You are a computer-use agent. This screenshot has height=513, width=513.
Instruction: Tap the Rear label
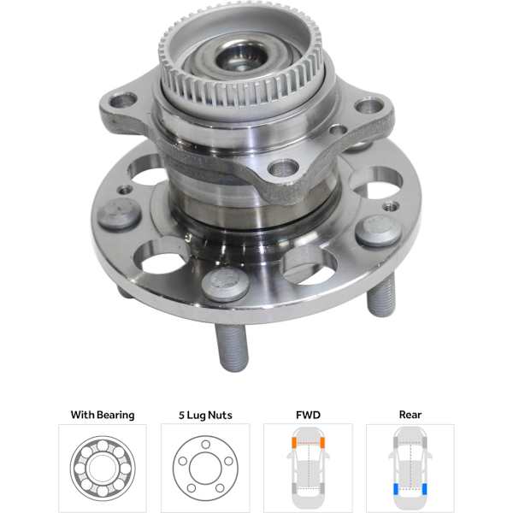point(410,416)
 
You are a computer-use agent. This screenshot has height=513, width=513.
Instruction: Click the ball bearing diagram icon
point(102,468)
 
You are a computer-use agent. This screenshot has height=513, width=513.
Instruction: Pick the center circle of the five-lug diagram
point(204,468)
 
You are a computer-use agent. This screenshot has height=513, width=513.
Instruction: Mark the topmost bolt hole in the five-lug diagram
point(204,445)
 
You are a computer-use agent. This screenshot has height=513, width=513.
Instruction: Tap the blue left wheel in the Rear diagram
point(395,490)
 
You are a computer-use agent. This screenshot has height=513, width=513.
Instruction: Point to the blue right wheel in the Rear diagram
point(425,490)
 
